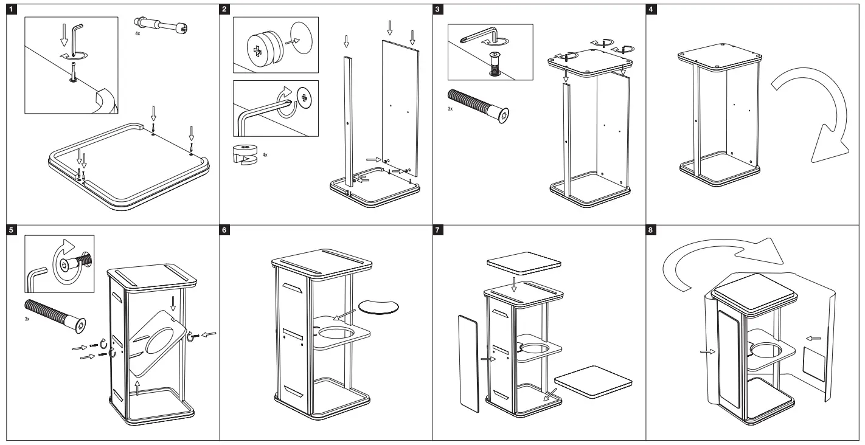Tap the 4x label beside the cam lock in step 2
265,156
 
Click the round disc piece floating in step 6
380,306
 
